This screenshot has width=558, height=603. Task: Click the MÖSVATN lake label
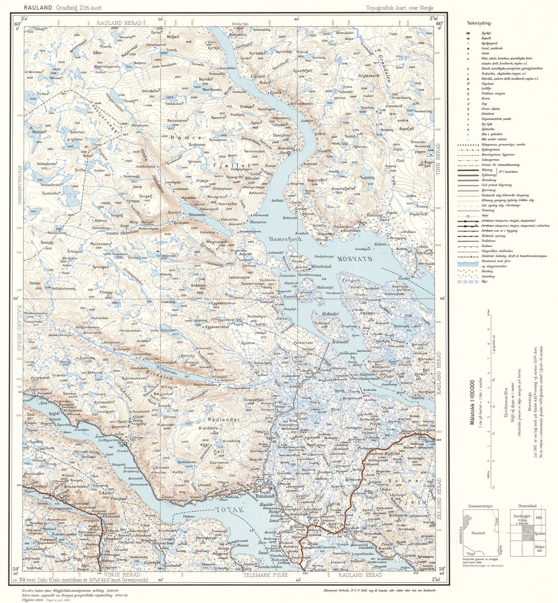pos(355,259)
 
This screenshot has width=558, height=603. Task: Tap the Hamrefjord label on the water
pos(285,239)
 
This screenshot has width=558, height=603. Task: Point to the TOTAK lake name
pos(230,510)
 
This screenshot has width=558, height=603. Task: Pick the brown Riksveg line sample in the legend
pos(468,170)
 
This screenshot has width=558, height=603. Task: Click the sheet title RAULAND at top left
pos(38,7)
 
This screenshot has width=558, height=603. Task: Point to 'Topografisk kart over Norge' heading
pos(399,8)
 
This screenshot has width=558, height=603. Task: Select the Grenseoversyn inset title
pos(480,506)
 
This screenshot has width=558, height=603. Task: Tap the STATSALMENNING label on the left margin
pos(19,185)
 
